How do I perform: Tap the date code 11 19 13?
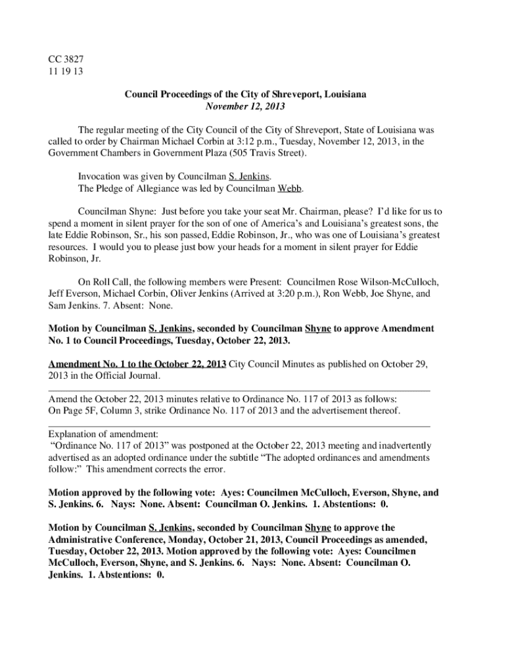pyautogui.click(x=66, y=71)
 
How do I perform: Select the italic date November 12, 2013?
pyautogui.click(x=246, y=106)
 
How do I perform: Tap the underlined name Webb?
pyautogui.click(x=290, y=189)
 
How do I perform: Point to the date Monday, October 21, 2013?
pyautogui.click(x=223, y=539)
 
